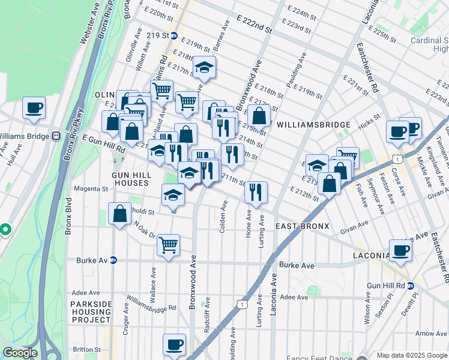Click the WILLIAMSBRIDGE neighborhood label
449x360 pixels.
[313, 125]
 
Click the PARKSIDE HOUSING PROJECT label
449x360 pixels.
[91, 312]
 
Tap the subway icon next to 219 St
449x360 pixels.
[173, 35]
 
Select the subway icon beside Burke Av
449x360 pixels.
[113, 260]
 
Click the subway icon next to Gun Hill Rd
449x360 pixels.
[411, 286]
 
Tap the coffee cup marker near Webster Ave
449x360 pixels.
[34, 107]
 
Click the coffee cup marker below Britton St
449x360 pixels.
[174, 344]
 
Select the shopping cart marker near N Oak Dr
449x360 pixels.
[169, 244]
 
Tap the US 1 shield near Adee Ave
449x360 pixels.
[241, 305]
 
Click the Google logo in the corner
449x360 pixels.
[20, 353]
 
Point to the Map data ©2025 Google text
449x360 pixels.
[411, 355]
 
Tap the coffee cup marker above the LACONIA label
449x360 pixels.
[400, 250]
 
